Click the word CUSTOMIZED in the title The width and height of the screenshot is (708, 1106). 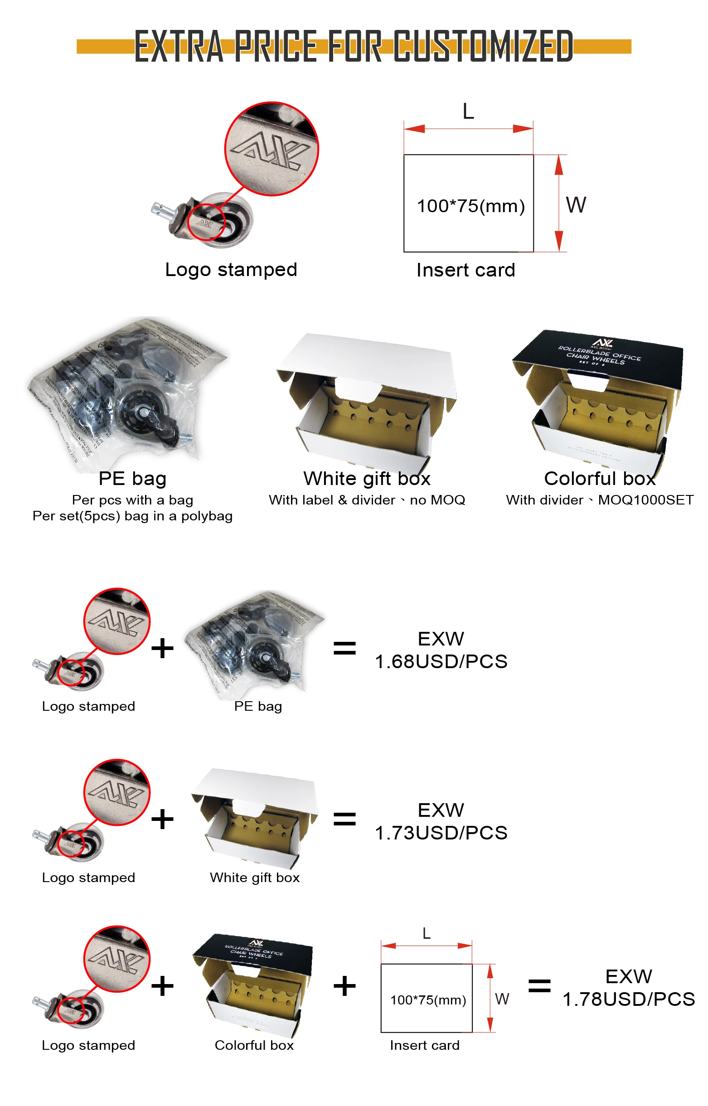[483, 46]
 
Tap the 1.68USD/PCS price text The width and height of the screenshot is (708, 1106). [441, 661]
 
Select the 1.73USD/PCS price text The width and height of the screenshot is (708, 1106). [441, 833]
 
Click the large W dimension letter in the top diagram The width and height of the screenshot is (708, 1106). [576, 205]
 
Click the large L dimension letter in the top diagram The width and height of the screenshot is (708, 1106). [468, 112]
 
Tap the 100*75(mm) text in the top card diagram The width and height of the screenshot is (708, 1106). [470, 206]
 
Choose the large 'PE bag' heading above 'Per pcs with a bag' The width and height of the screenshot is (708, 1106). [132, 479]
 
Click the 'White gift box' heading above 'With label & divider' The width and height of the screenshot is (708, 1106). [367, 479]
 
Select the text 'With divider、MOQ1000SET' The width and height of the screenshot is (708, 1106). [600, 500]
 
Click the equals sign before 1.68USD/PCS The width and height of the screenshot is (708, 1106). [344, 648]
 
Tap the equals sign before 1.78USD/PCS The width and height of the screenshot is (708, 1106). [539, 985]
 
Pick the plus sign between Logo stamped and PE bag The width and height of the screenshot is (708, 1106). [162, 648]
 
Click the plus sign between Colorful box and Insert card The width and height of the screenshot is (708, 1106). [344, 985]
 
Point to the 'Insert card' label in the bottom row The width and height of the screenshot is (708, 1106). [424, 1045]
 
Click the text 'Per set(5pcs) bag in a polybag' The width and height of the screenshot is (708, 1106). [132, 516]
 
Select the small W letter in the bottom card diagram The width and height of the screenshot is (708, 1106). [502, 999]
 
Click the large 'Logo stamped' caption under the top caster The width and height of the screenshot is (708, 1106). [231, 269]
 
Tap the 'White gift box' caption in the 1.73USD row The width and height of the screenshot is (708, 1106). [255, 878]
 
